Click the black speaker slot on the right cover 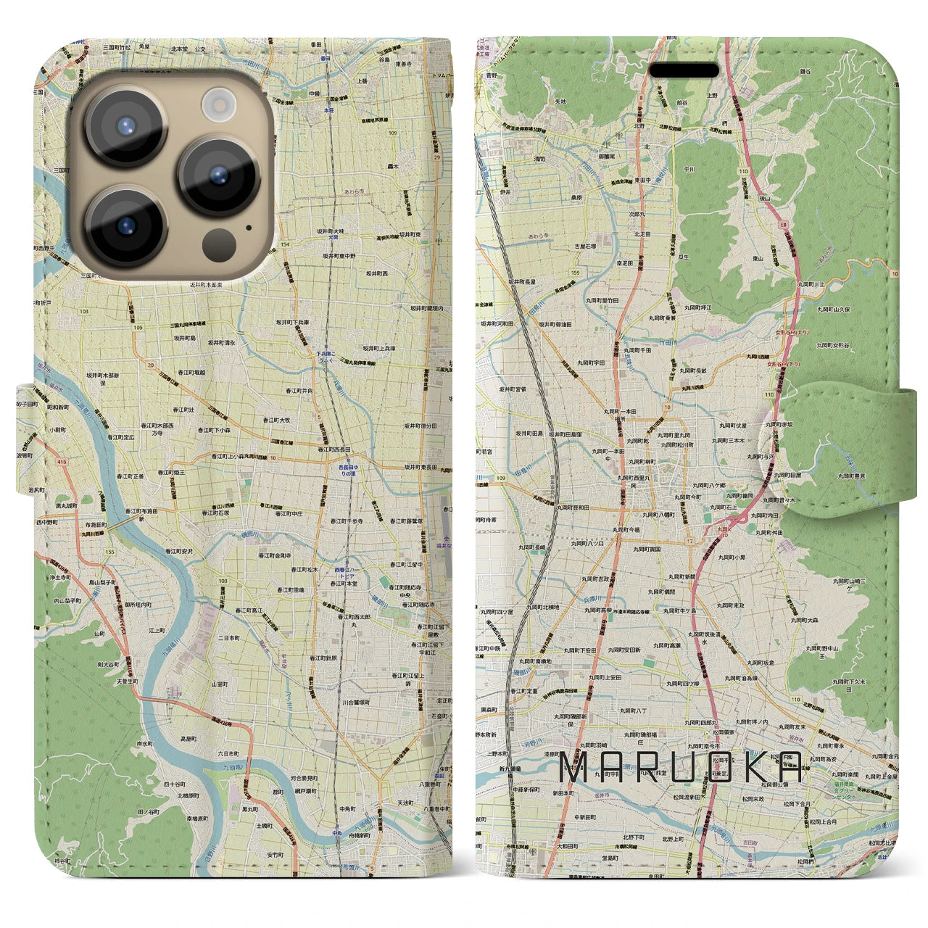tap(683, 71)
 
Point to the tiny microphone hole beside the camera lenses tap(249, 227)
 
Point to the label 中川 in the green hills tap(689, 170)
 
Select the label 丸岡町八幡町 tap(658, 514)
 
